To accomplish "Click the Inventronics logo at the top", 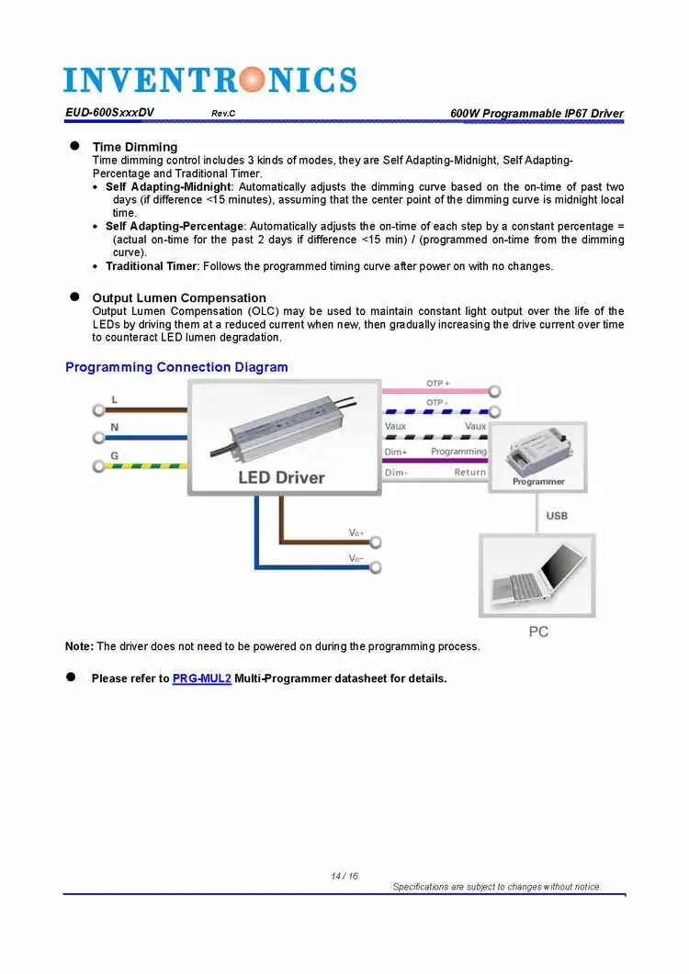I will click(209, 79).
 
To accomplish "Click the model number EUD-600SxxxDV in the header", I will click(109, 113).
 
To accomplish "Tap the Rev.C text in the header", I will click(224, 114).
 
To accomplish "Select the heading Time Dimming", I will click(135, 147).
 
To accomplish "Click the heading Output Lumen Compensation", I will click(179, 297).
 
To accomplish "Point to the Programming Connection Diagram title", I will click(176, 367).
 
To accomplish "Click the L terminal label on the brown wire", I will click(114, 399).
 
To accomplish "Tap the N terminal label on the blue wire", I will click(114, 427).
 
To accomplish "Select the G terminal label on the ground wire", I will click(114, 455).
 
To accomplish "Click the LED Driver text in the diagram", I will click(281, 477).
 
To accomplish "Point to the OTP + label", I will click(437, 383).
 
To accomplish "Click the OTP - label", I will click(437, 403).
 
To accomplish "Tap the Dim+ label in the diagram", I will click(396, 452).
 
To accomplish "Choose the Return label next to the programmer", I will click(470, 473).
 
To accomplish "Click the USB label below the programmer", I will click(557, 516).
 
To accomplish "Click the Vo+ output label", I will click(356, 533).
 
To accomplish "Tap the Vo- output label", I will click(356, 558).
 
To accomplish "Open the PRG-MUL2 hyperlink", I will click(201, 679).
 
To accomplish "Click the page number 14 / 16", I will click(344, 877).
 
